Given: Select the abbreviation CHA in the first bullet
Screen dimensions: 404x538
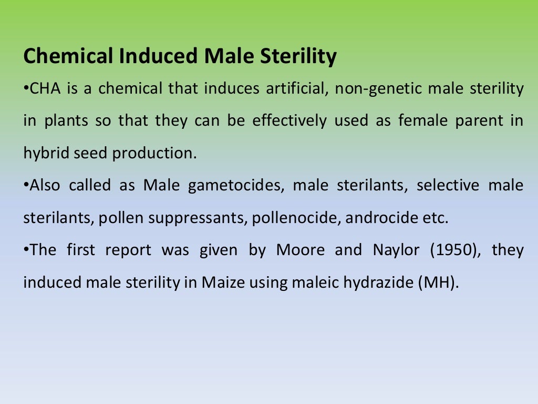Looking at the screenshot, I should tap(44, 88).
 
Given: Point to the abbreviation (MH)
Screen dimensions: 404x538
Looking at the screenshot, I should tap(438, 282).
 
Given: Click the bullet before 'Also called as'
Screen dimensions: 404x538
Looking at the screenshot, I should tap(26, 186).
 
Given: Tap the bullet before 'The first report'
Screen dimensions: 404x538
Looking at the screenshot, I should tap(26, 250).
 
